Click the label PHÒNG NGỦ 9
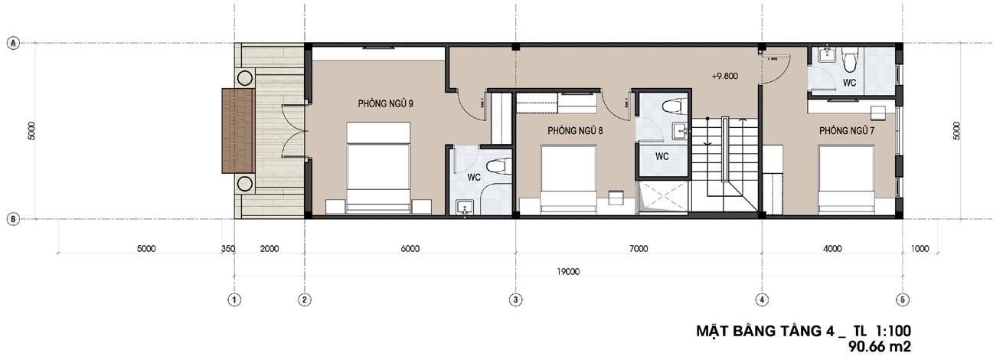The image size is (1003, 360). click(385, 104)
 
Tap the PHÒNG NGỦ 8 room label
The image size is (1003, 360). click(575, 131)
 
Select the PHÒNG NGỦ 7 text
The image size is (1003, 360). click(847, 131)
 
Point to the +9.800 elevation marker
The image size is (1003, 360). click(724, 76)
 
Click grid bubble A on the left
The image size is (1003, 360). click(14, 44)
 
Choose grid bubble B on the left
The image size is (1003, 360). click(14, 219)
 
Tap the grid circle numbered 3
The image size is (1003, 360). click(516, 299)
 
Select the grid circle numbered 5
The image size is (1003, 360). click(903, 299)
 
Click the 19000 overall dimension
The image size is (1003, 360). click(568, 272)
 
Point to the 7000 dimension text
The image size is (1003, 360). click(639, 249)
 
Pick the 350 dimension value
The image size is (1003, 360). click(228, 249)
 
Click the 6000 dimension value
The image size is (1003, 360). click(410, 249)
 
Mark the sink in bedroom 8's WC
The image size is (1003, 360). click(682, 132)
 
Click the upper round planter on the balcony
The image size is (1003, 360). click(244, 78)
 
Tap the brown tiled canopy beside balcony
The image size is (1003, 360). click(239, 131)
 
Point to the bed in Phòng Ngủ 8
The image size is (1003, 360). click(569, 179)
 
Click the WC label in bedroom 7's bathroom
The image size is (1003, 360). click(849, 83)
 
